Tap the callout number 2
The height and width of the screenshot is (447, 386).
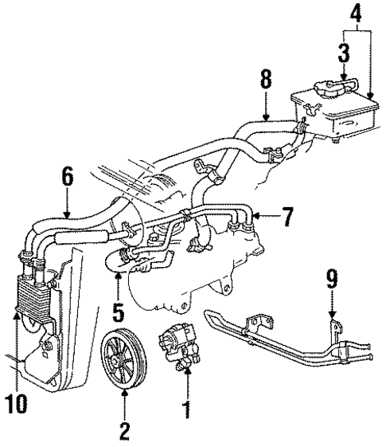[x=123, y=431]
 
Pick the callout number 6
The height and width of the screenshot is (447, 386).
[x=68, y=176]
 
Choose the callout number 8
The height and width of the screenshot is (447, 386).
[x=266, y=80]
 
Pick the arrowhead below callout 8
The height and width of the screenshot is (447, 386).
[x=266, y=120]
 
